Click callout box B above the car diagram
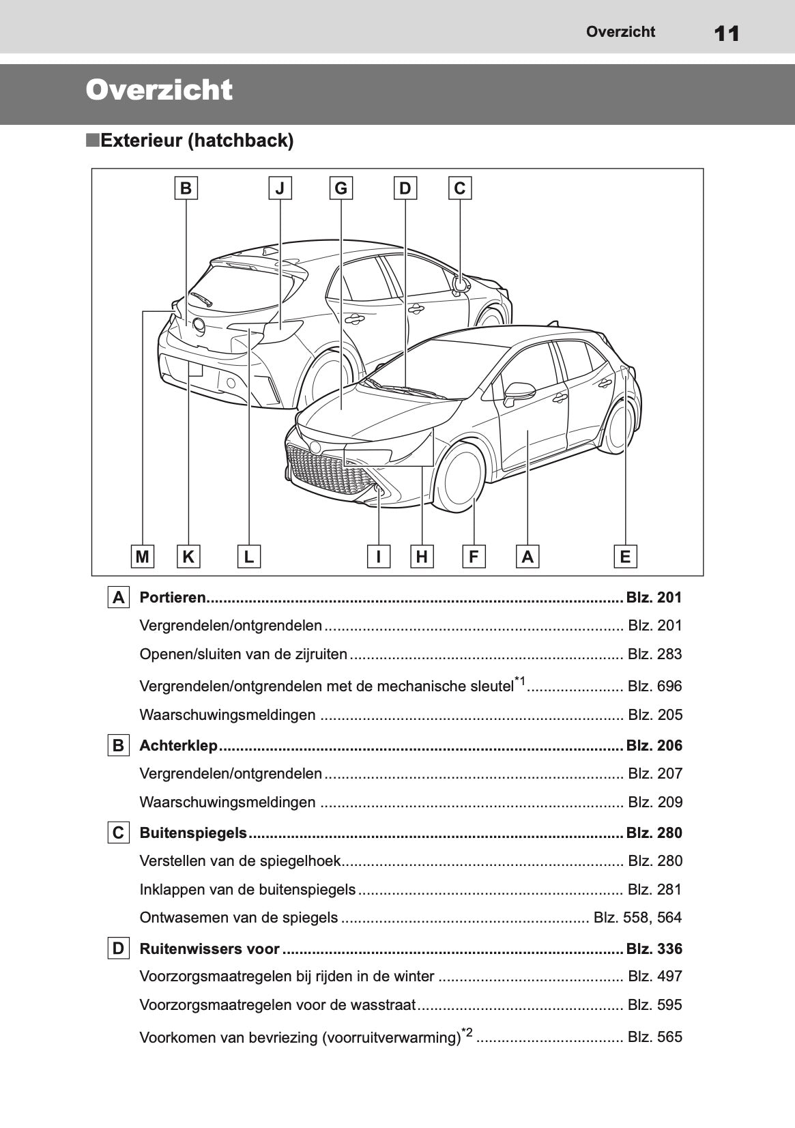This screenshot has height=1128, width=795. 186,188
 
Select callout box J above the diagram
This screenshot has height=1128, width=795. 280,188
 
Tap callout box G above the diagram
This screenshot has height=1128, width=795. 341,188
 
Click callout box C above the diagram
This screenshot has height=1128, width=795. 460,188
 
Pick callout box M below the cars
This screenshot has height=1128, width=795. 142,557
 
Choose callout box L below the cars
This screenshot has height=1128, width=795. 249,557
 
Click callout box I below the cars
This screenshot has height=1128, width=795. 378,557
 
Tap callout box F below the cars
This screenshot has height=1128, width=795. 473,557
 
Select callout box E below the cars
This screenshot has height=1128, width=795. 625,557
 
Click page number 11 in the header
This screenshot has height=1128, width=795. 727,33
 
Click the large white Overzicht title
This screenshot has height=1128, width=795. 159,91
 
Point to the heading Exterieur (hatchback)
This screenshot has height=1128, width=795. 196,141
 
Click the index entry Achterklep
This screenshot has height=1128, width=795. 178,745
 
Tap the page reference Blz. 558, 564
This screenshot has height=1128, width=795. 638,918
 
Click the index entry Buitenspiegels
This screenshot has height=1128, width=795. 193,833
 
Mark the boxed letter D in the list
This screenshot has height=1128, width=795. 119,949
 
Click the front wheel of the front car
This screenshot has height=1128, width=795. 461,479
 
